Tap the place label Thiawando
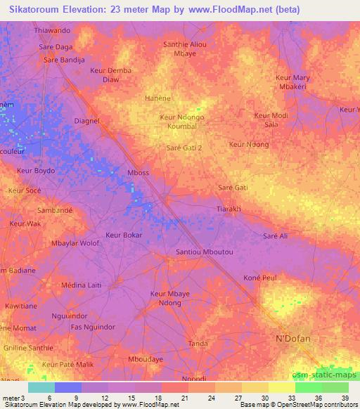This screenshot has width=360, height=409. pyautogui.click(x=53, y=32)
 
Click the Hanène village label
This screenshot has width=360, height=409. pyautogui.click(x=157, y=99)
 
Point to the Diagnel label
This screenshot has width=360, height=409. pyautogui.click(x=87, y=121)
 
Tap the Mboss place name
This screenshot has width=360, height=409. pyautogui.click(x=138, y=172)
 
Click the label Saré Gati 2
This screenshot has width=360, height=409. pyautogui.click(x=184, y=148)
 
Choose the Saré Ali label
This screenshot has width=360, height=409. pyautogui.click(x=275, y=236)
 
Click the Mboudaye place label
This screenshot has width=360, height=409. pyautogui.click(x=146, y=358)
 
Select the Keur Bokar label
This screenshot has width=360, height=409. pyautogui.click(x=124, y=235)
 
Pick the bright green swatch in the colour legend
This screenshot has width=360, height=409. pyautogui.click(x=308, y=387)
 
